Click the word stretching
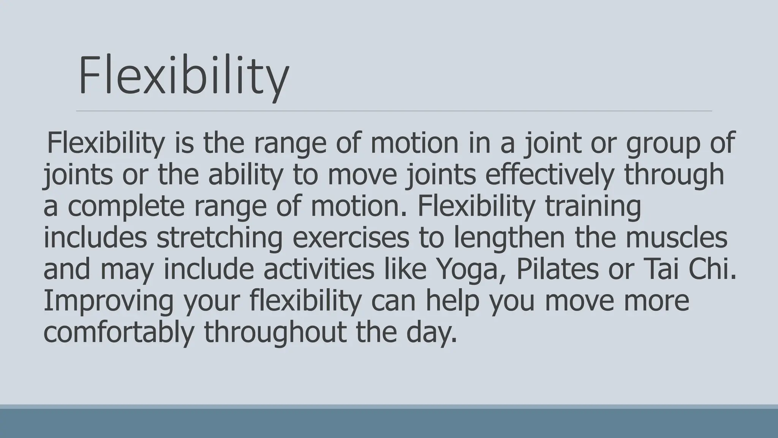(x=219, y=238)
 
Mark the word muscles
(x=676, y=238)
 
